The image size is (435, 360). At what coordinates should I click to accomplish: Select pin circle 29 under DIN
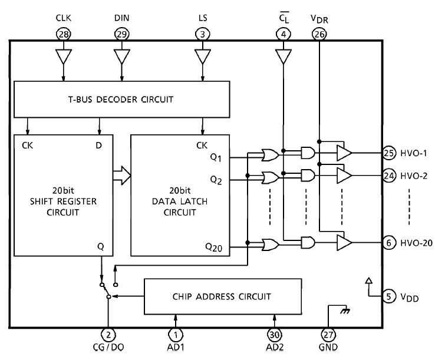[x=121, y=35]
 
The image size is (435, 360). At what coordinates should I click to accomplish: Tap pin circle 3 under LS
[x=203, y=35]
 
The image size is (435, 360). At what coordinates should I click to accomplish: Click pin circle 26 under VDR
[x=319, y=35]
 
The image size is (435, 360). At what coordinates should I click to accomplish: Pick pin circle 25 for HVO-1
[x=388, y=153]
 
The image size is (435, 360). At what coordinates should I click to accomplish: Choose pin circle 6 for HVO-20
[x=388, y=243]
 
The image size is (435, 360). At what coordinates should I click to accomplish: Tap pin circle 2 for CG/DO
[x=107, y=335]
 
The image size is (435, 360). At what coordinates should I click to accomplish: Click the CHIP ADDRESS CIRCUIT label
[x=223, y=296]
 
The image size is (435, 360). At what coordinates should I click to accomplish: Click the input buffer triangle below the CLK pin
[x=62, y=58]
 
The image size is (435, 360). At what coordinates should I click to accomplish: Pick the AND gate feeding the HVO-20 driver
[x=307, y=243]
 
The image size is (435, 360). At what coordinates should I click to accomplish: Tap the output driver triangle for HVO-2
[x=344, y=176]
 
